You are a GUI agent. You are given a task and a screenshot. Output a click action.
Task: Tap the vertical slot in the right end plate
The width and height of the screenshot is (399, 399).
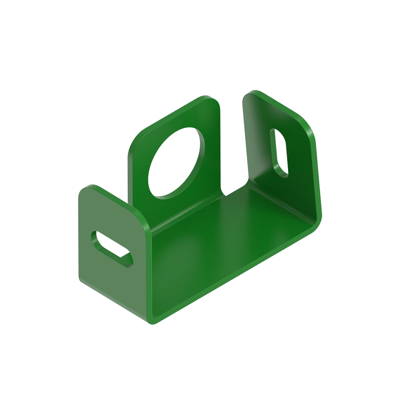(279, 152)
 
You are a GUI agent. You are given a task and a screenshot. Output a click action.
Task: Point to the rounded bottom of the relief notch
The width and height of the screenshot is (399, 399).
(225, 193)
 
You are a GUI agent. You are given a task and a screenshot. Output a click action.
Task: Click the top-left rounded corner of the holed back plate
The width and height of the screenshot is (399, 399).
(135, 140)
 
